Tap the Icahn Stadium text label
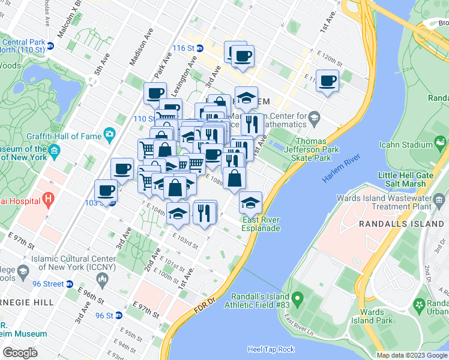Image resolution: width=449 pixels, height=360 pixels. pyautogui.click(x=406, y=145)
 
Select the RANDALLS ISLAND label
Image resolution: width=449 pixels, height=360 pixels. pyautogui.click(x=400, y=223)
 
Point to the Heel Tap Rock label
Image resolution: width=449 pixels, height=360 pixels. pyautogui.click(x=271, y=349)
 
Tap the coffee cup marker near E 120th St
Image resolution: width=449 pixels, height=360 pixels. pyautogui.click(x=327, y=82)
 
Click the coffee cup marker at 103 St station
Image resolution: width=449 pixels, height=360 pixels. pyautogui.click(x=106, y=191)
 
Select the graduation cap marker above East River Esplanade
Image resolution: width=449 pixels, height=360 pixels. pyautogui.click(x=250, y=203)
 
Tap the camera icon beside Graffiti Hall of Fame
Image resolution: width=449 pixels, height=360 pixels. pyautogui.click(x=109, y=134)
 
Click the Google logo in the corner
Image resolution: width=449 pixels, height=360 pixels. pyautogui.click(x=20, y=353)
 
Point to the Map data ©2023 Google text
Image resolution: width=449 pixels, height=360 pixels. pyautogui.click(x=412, y=355)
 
